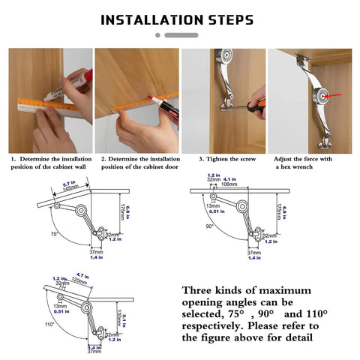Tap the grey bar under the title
(181, 34)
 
